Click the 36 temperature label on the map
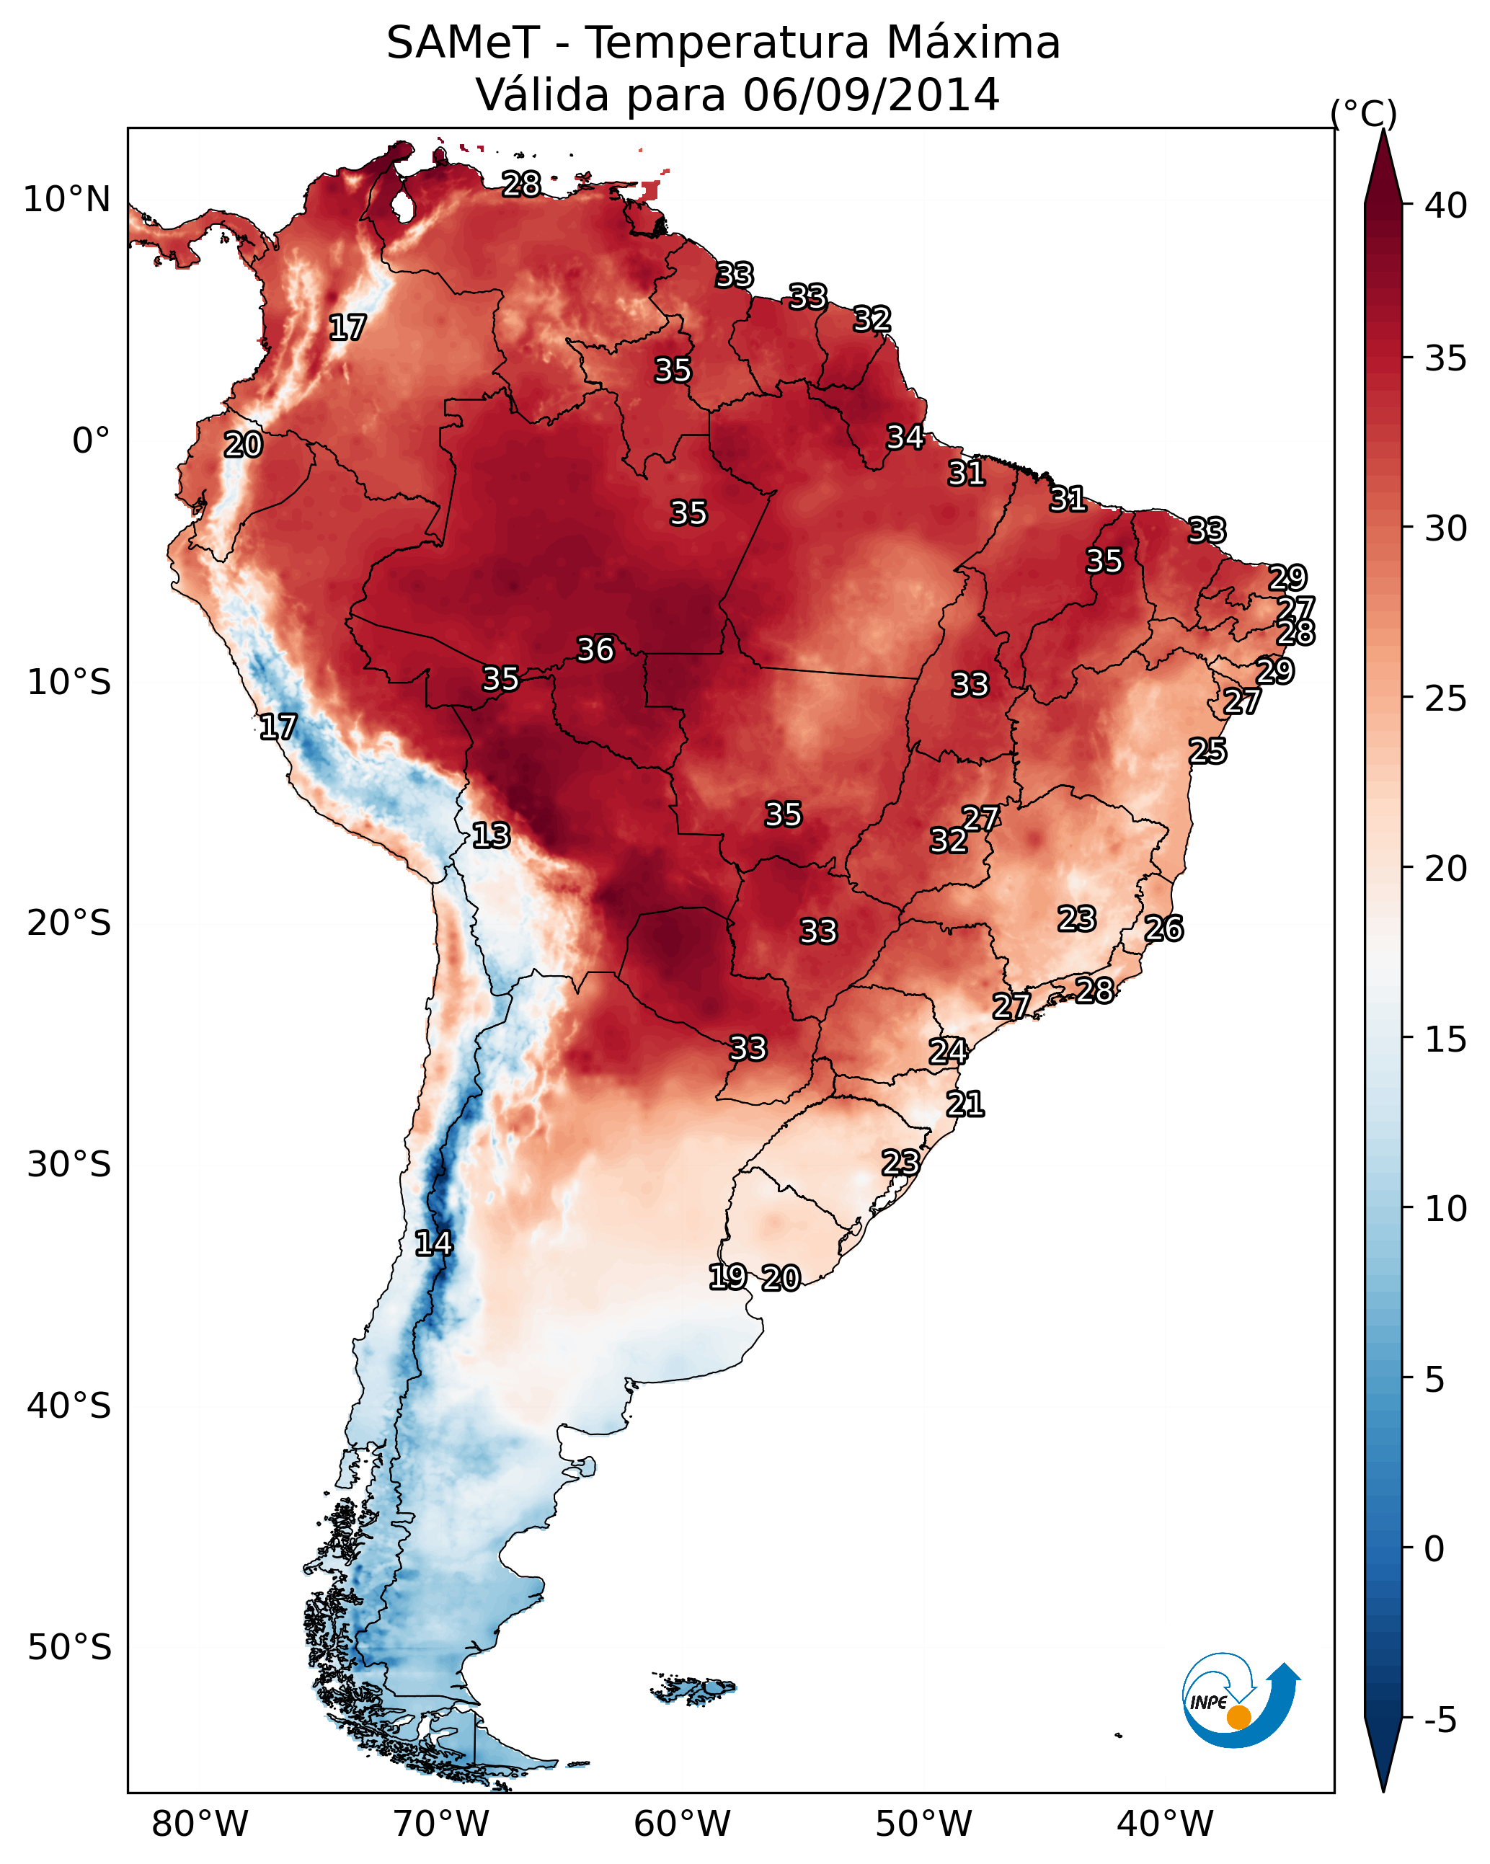(595, 649)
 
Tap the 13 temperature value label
(491, 835)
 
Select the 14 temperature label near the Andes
(433, 1243)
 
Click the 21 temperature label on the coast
(965, 1104)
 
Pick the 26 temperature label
(1164, 928)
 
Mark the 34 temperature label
(905, 438)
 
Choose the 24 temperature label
(948, 1052)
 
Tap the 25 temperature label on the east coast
(1207, 751)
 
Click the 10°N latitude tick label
(66, 200)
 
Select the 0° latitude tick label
(91, 441)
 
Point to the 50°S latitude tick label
(69, 1648)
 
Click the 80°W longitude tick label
(200, 1824)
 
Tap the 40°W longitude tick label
(1165, 1824)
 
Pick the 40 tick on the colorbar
(1446, 205)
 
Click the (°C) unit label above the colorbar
(1364, 113)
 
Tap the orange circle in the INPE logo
(1238, 1717)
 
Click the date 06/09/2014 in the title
(871, 94)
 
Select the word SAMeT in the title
(463, 43)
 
